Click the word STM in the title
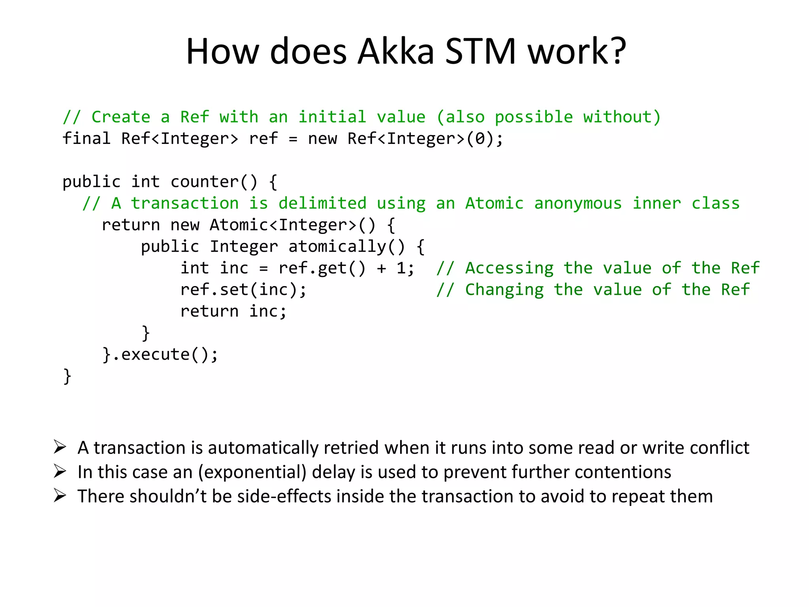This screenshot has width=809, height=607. click(x=480, y=51)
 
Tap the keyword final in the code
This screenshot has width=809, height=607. click(x=87, y=139)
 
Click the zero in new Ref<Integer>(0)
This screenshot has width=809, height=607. click(x=480, y=139)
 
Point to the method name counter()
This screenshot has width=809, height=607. click(x=214, y=182)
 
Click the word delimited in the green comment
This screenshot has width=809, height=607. click(x=322, y=204)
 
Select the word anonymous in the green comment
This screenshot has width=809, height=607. click(x=578, y=204)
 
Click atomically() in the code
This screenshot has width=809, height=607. click(x=347, y=247)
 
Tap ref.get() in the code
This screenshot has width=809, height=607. click(x=322, y=268)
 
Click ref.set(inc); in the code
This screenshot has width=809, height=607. click(x=243, y=290)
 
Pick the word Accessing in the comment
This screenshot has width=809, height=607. click(x=509, y=268)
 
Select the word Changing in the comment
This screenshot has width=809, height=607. click(x=504, y=290)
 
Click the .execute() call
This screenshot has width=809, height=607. click(x=165, y=354)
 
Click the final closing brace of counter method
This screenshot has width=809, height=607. click(x=67, y=376)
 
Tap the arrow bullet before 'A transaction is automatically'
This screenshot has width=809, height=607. click(x=60, y=447)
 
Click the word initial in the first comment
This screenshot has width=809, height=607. click(x=332, y=117)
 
